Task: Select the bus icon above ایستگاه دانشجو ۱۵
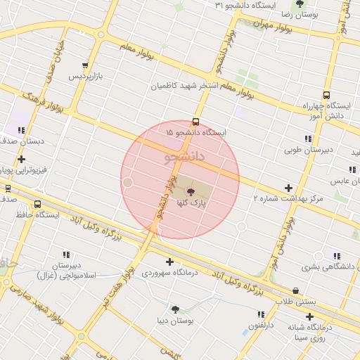(195, 121)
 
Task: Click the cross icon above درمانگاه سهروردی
(169, 262)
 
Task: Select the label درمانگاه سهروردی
(169, 272)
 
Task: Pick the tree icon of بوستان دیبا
(175, 309)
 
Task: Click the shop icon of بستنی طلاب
(295, 290)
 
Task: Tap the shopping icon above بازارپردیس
(85, 65)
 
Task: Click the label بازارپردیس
(85, 75)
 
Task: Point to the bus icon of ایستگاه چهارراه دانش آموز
(326, 95)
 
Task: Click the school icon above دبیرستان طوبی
(308, 139)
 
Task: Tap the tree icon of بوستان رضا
(300, 4)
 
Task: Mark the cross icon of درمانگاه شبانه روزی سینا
(310, 316)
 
